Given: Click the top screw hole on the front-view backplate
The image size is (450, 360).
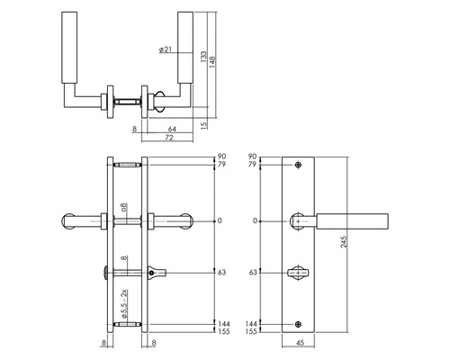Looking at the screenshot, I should (299, 166).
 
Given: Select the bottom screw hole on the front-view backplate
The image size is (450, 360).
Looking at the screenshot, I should (299, 323).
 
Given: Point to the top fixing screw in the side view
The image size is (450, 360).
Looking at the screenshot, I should (126, 165).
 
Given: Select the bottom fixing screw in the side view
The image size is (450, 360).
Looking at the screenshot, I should (126, 323).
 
